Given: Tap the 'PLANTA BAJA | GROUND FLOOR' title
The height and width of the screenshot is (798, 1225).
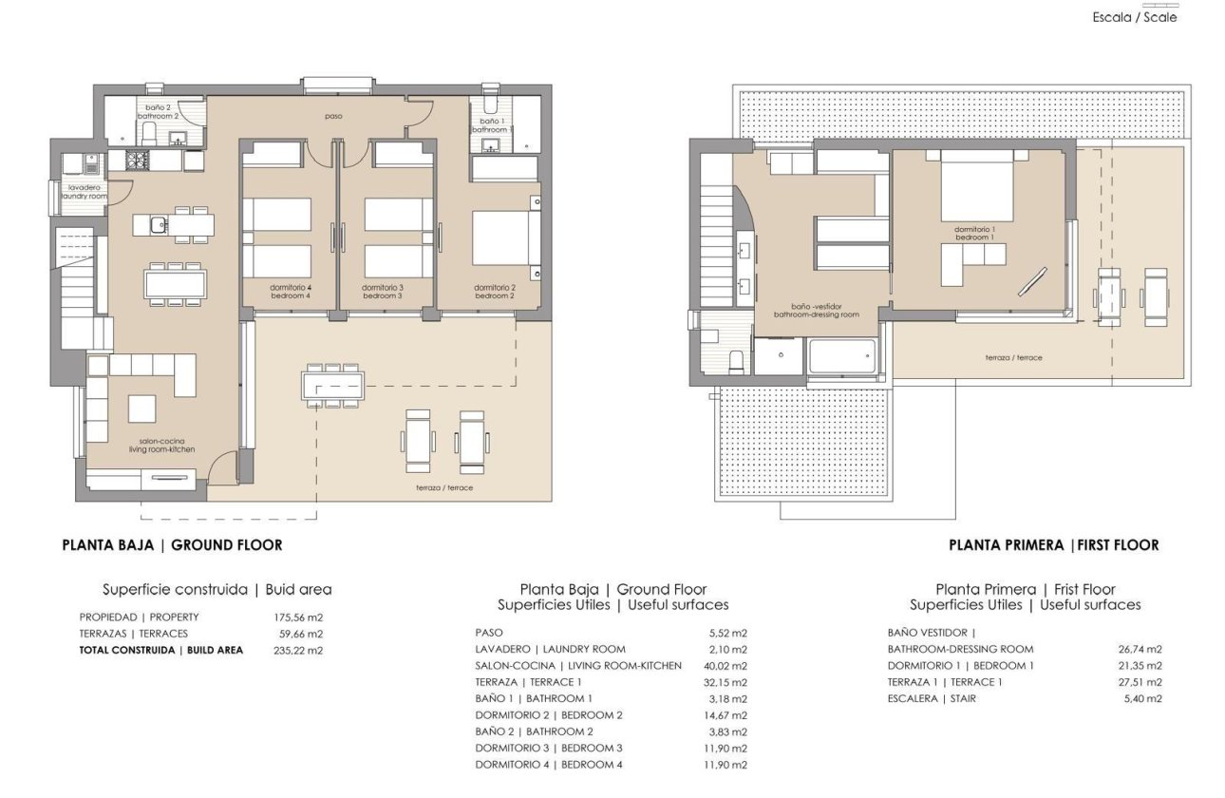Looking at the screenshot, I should coord(172,545).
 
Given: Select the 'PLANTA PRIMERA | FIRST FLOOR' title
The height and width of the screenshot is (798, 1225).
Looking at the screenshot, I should coord(1053,545).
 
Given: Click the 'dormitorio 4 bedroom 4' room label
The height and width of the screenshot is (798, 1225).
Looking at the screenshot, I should coord(291,292).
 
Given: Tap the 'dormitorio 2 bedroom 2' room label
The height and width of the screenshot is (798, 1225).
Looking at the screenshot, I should coord(495,292).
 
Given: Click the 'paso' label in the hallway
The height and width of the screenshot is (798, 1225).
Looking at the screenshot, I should coord(332,116).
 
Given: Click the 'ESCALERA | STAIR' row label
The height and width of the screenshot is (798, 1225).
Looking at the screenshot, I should coord(932,699).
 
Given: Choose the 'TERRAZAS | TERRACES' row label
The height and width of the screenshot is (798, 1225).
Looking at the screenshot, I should coord(134,634).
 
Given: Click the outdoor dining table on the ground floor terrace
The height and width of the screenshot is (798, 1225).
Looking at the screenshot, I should coord(332,386).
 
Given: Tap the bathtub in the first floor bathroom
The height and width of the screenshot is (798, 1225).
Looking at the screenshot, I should coord(841,358).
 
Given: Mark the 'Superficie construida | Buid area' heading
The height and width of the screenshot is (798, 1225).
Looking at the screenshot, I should coord(217,590).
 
